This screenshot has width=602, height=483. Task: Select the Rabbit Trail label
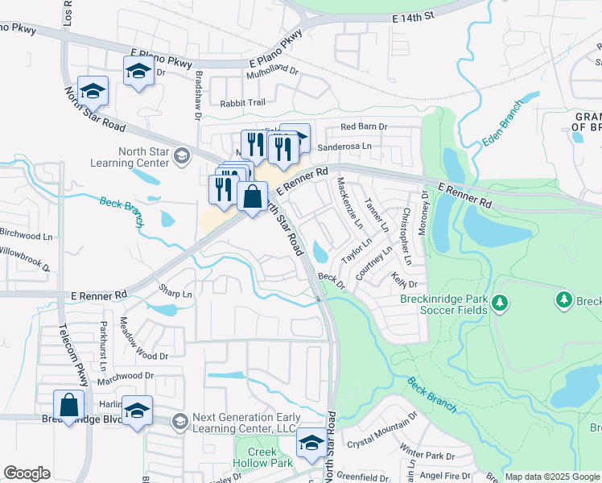pyautogui.click(x=242, y=103)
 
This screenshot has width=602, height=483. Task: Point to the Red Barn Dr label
pyautogui.click(x=364, y=127)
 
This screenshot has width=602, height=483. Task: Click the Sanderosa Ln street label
pyautogui.click(x=344, y=147)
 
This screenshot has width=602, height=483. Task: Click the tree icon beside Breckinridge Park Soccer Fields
pyautogui.click(x=501, y=303)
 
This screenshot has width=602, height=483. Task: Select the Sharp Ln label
pyautogui.click(x=175, y=295)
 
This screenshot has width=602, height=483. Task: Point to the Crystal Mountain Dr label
pyautogui.click(x=381, y=430)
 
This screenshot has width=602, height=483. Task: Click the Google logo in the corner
pyautogui.click(x=27, y=473)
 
